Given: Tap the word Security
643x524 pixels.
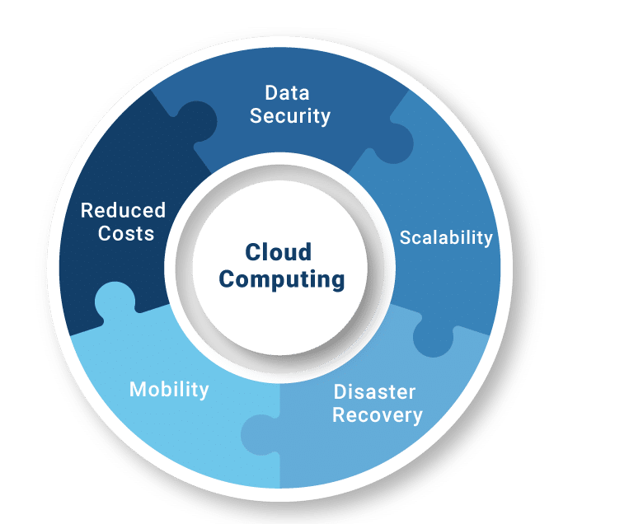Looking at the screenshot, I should point(290,116).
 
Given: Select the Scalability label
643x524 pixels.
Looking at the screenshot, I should point(446,238).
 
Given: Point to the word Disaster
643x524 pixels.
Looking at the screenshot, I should point(374,391).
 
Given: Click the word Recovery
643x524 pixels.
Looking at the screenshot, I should point(378,415).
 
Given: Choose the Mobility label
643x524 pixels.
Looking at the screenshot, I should point(169,389).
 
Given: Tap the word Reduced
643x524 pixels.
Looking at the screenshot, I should point(123,210).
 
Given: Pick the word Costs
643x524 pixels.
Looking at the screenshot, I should point(126,234).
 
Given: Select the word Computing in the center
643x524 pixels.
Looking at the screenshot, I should point(282,279).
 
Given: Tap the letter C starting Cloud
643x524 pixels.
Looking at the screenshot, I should point(253,252).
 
